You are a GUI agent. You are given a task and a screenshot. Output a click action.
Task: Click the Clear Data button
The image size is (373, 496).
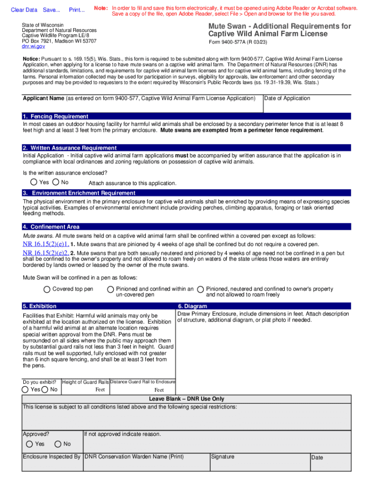pyautogui.click(x=24, y=10)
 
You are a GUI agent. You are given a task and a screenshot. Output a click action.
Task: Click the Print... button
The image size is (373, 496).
pyautogui.click(x=77, y=10)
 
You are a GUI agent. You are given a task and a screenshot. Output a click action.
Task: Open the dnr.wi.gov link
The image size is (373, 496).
pyautogui.click(x=33, y=46)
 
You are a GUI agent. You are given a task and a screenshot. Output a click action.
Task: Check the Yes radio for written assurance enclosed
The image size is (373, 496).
pyautogui.click(x=33, y=182)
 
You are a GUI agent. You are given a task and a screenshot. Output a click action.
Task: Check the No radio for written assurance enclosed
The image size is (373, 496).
pyautogui.click(x=56, y=182)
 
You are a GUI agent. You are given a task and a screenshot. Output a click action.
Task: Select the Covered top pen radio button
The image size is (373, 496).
pyautogui.click(x=47, y=289)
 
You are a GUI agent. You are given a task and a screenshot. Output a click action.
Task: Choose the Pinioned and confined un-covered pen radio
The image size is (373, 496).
pyautogui.click(x=110, y=289)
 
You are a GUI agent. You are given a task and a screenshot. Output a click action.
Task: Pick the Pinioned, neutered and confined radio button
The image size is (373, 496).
pyautogui.click(x=200, y=289)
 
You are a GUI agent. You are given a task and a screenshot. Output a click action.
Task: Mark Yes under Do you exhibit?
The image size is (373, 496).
pyautogui.click(x=25, y=389)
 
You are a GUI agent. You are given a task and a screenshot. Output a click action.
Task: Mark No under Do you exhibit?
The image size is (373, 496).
pyautogui.click(x=45, y=389)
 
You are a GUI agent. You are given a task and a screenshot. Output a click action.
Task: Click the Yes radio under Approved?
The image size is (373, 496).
pyautogui.click(x=30, y=444)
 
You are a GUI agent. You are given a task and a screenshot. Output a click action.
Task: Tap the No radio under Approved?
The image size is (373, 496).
pyautogui.click(x=58, y=444)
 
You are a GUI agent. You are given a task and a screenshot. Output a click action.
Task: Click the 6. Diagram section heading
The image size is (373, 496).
pyautogui.click(x=192, y=306)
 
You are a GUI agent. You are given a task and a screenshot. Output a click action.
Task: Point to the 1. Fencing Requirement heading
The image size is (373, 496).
pyautogui.click(x=55, y=116)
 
